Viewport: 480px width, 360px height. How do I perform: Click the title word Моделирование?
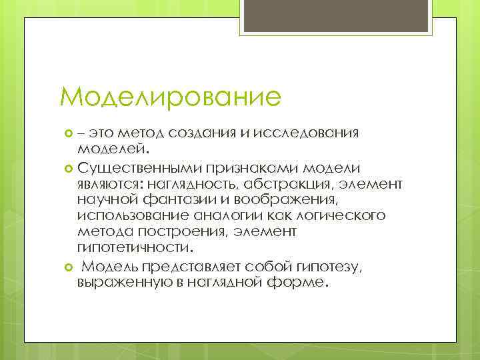click(170, 98)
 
